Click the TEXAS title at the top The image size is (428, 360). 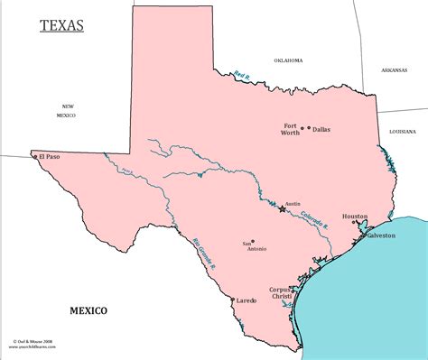point(62,24)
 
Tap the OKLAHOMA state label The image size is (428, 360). point(289,60)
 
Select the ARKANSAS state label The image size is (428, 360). point(394,69)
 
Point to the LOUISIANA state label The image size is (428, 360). point(402,131)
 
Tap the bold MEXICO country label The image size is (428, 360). point(88,310)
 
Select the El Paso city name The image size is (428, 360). point(51,158)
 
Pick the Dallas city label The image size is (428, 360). point(321,130)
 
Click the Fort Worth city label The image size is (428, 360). point(290,128)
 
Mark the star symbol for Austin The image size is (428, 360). point(283,209)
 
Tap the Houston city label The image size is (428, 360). point(355,217)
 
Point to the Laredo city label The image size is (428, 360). point(247,300)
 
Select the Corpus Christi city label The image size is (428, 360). point(282,292)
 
